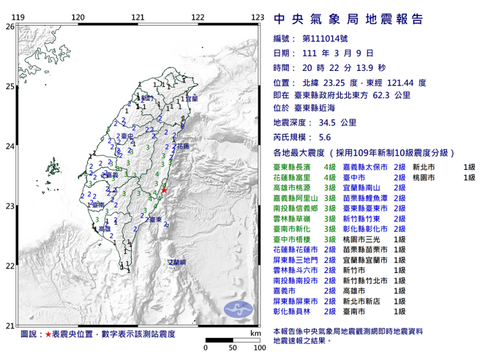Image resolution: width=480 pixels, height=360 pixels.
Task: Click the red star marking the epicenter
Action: click(x=165, y=190)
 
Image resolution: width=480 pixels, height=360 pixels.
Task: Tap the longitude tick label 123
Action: click(x=257, y=17)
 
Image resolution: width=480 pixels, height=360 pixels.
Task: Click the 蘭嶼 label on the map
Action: click(x=177, y=262)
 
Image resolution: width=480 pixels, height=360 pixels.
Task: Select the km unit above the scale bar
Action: click(x=254, y=333)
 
